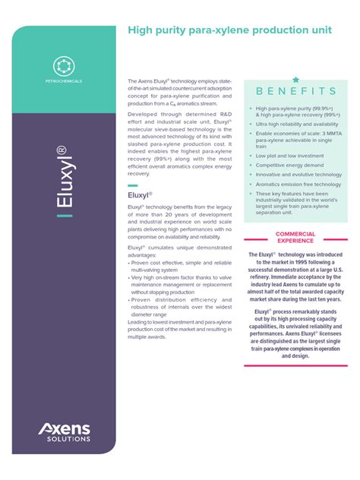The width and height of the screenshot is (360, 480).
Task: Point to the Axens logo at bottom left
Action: (64, 430)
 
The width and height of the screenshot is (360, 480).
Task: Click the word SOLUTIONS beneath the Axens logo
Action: (67, 439)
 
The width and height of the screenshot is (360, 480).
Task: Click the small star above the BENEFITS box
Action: (295, 79)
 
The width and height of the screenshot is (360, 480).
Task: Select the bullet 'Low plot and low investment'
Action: (289, 156)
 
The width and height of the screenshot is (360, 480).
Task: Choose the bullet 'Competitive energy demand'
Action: (289, 165)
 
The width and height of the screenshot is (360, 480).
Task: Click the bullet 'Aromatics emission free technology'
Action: (298, 184)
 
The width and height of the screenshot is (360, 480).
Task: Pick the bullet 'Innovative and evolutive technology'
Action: (298, 175)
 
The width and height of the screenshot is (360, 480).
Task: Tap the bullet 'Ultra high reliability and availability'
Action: (298, 124)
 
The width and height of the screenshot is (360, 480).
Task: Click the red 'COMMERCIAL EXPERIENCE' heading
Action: (295, 237)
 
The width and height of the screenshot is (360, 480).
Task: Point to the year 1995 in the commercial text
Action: (302, 261)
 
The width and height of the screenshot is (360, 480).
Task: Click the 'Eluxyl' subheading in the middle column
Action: (141, 195)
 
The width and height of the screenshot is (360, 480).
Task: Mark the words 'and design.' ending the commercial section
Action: (295, 355)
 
